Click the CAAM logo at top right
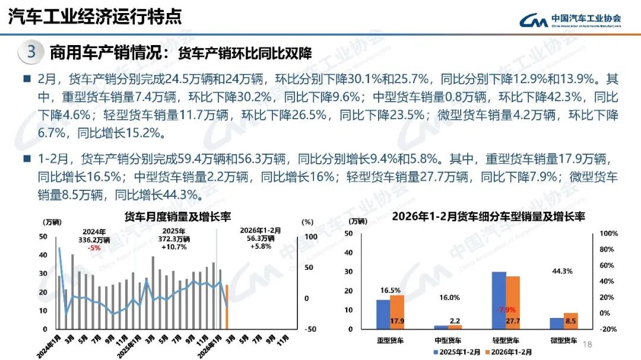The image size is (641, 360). tap(570, 20)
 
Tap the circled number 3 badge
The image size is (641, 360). tap(31, 52)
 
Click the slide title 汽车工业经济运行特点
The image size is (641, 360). tap(95, 17)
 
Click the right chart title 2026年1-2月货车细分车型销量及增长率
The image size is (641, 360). tap(488, 216)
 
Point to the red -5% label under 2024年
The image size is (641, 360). tap(93, 247)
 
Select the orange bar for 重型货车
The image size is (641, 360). tap(397, 311)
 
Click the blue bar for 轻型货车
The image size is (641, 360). tap(499, 300)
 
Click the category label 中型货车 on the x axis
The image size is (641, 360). tap(449, 340)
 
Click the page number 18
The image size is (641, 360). tap(588, 345)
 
